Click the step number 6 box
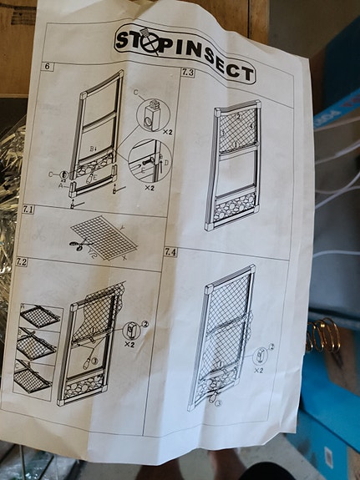click(48, 66)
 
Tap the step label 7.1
click(28, 210)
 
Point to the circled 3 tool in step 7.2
click(94, 361)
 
